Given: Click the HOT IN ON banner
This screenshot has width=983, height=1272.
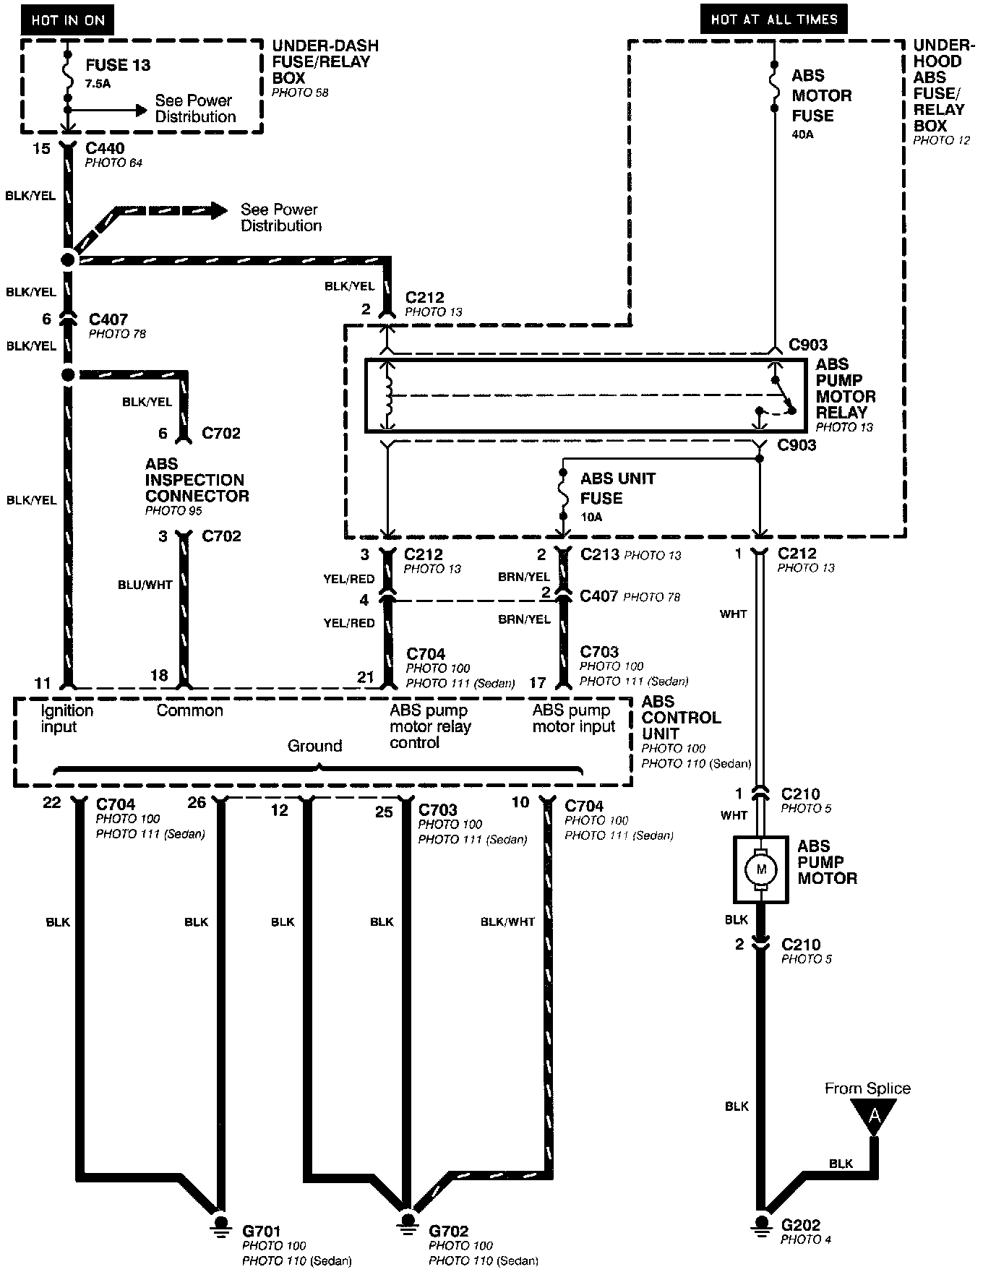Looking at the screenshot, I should (68, 20).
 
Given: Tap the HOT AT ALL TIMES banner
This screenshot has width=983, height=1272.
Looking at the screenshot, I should (773, 20).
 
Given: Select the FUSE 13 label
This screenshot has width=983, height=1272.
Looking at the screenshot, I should (118, 65).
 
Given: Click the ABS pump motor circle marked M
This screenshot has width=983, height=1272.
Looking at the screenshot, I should (760, 869).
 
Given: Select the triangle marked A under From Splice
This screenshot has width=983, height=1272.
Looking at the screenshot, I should (874, 1117).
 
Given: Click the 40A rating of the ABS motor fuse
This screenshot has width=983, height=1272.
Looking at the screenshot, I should (802, 134).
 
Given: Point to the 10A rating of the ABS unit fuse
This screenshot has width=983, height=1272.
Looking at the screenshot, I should (591, 517).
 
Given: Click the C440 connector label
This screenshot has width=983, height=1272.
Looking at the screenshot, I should (105, 149).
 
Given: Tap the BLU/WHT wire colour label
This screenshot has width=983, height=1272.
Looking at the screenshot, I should (145, 585).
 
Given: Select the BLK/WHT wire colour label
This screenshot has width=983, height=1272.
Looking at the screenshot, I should (507, 921).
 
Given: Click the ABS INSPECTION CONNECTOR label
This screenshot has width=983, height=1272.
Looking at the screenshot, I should (197, 480).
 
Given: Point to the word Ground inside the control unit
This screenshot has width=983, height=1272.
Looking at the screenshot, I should (314, 746).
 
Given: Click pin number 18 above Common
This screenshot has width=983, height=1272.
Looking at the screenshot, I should (158, 675).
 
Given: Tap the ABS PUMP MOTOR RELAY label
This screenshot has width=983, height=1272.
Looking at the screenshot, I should (846, 388).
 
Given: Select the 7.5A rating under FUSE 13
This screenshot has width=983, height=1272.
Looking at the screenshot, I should (98, 83).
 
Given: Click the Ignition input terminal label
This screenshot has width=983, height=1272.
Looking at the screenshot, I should (66, 718).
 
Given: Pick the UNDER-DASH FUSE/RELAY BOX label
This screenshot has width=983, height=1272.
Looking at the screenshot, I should (325, 62).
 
